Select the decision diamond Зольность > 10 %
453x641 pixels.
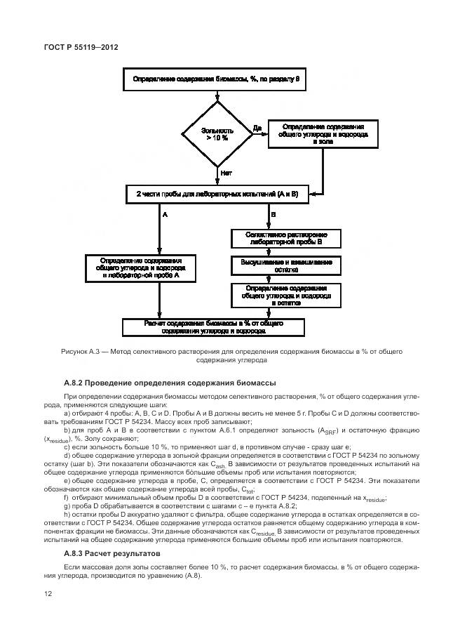click(x=216, y=134)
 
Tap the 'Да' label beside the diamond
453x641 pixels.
click(x=257, y=128)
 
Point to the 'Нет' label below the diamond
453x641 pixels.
click(x=226, y=172)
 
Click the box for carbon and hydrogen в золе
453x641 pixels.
click(x=323, y=133)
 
